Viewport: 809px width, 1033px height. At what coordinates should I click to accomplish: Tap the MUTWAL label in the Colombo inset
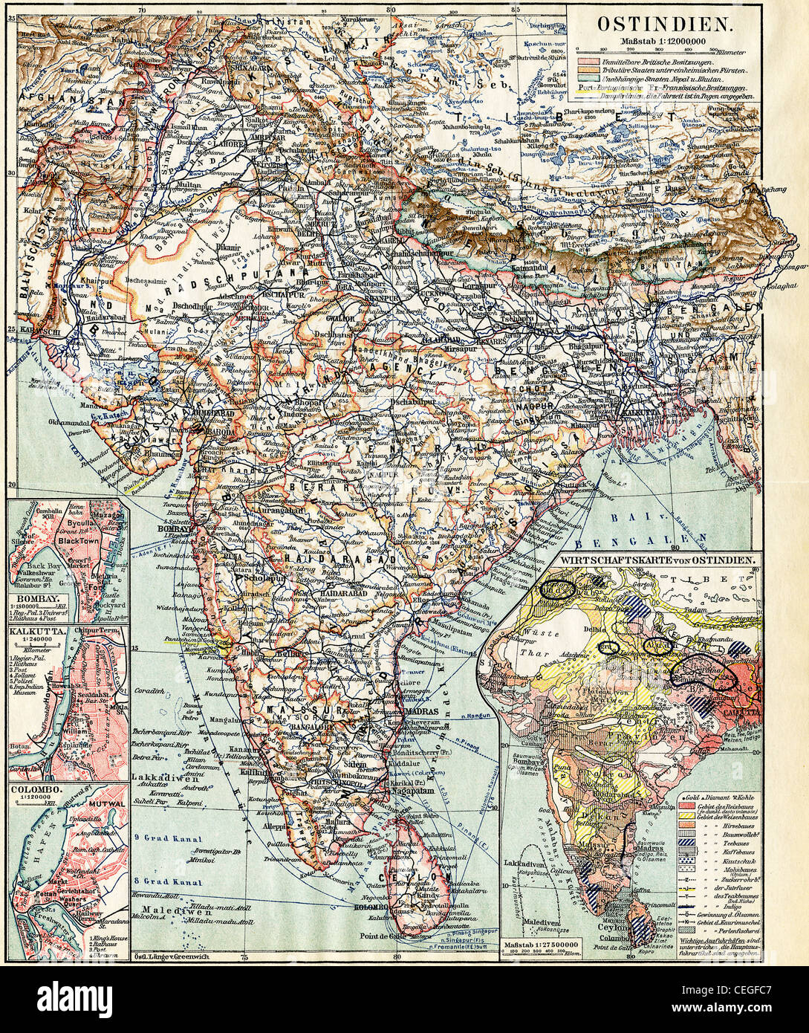point(104,803)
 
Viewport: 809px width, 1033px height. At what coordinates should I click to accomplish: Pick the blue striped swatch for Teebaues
point(685,845)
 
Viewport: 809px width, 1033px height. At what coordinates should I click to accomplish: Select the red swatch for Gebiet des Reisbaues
point(685,806)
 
